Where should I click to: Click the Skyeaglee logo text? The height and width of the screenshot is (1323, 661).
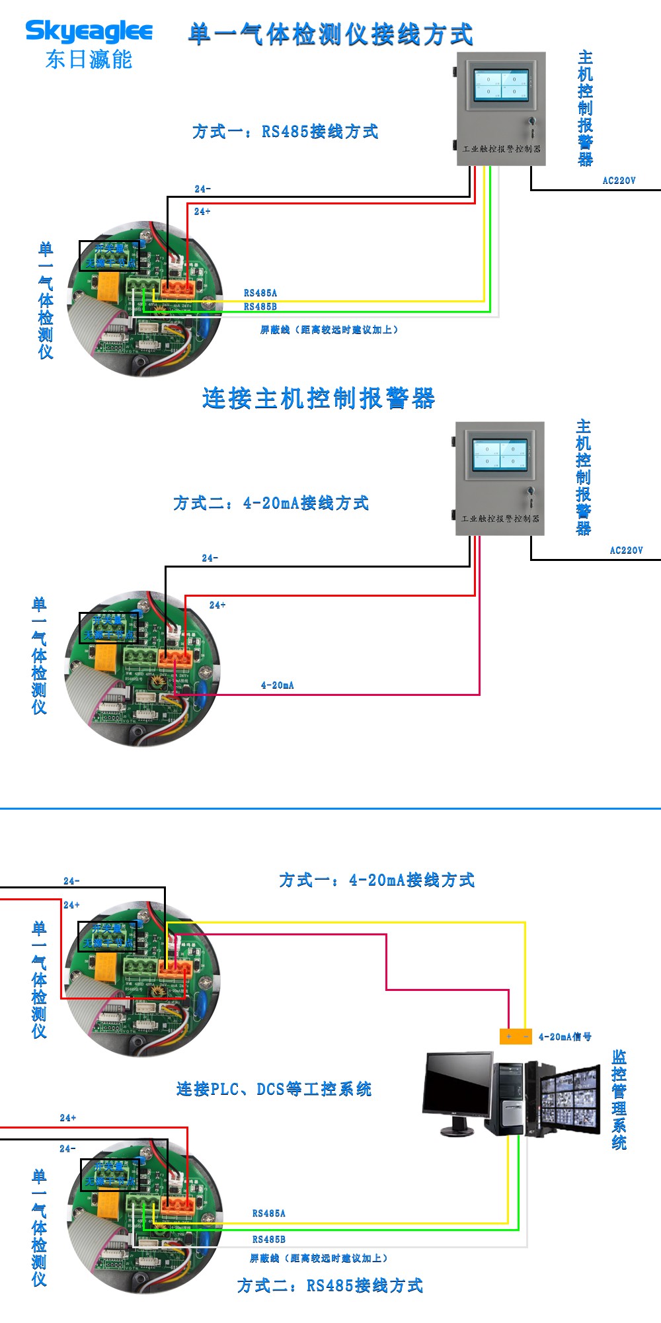point(89,31)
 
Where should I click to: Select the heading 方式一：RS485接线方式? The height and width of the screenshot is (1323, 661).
point(286,132)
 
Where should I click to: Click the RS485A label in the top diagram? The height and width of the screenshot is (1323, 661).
point(260,293)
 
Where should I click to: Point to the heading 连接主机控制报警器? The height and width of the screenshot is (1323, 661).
point(319,398)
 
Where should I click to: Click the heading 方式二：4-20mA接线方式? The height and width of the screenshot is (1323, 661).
point(271,503)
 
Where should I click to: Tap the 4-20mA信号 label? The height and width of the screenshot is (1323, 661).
point(564,1037)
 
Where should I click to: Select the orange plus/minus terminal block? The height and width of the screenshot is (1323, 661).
point(516,1037)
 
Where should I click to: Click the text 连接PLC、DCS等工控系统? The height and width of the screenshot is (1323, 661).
point(274,1089)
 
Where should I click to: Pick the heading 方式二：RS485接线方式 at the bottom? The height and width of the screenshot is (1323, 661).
point(330,1285)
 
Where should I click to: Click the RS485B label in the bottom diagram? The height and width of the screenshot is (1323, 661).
point(269,1239)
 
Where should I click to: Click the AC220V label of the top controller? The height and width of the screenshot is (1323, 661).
point(619,181)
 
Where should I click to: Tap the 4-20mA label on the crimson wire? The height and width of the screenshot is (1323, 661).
point(278,685)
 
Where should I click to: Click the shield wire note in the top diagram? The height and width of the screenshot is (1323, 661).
point(329,329)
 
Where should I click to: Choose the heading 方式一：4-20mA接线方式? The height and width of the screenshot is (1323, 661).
point(377,880)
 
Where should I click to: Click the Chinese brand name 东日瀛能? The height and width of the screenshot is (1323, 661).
point(89,60)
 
